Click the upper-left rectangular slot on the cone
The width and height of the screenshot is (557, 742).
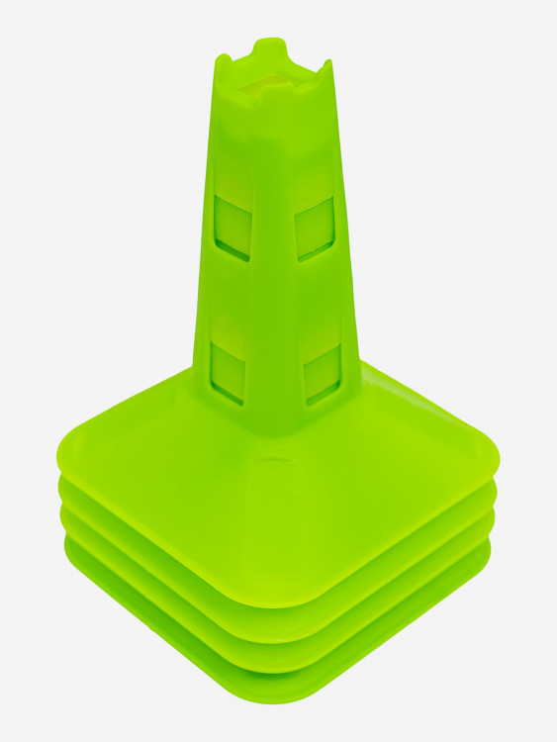[232, 227]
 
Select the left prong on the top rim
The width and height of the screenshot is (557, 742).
[223, 61]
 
